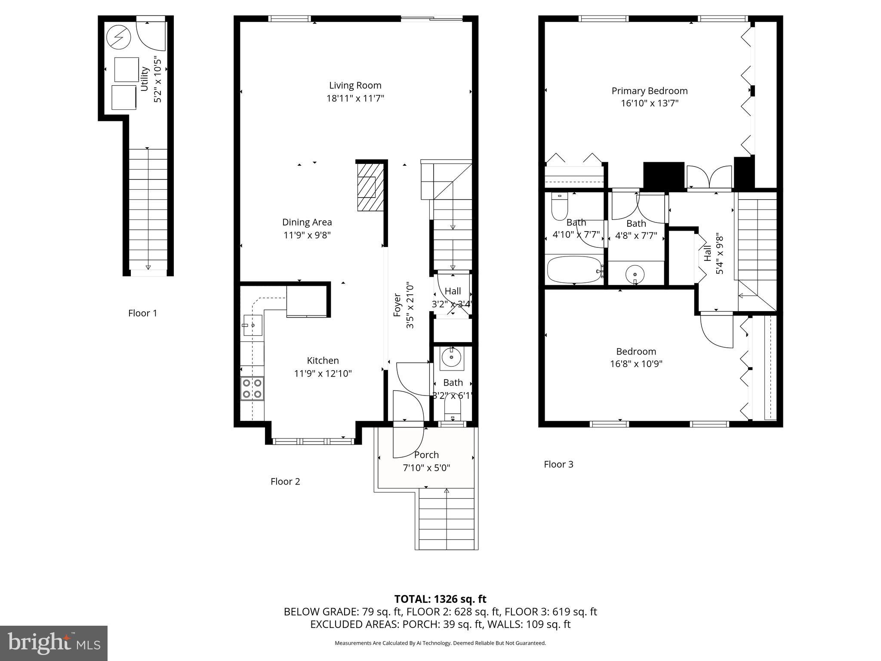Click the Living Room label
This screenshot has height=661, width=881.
click(355, 85)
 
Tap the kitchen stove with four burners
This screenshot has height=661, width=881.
click(253, 388)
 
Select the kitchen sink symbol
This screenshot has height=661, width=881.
click(253, 325)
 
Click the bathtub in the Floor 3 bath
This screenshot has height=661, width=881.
click(574, 270)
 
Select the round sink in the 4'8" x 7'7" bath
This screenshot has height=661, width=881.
click(635, 274)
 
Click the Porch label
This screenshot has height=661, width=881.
click(426, 455)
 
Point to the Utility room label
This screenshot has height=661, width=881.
click(145, 78)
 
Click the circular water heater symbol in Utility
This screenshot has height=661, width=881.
click(118, 37)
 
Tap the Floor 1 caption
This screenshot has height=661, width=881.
click(142, 313)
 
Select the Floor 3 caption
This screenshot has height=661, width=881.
click(558, 464)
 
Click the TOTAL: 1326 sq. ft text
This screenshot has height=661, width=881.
click(440, 599)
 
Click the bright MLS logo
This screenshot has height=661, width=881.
click(54, 643)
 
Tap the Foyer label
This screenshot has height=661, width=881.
click(397, 305)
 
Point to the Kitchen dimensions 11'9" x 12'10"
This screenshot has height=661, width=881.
click(323, 374)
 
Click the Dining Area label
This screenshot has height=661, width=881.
click(307, 222)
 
